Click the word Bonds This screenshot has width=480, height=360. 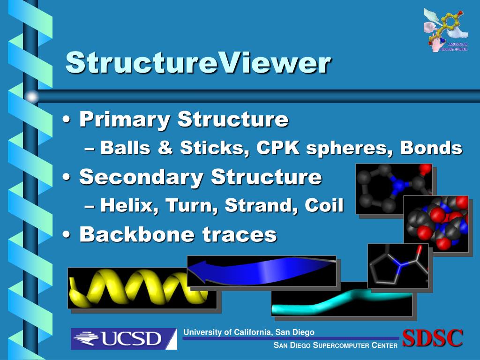pos(431,148)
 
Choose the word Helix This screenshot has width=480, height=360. pos(127,205)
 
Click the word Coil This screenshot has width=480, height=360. pos(324,205)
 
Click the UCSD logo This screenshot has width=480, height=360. pos(124,338)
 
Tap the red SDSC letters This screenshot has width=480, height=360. pos(433,338)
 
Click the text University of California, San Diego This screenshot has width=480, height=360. pos(249,332)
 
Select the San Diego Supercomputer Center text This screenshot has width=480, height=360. pos(336,345)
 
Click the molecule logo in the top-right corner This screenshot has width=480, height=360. pos(445,29)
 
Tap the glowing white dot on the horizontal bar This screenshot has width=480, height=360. pos(31,97)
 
